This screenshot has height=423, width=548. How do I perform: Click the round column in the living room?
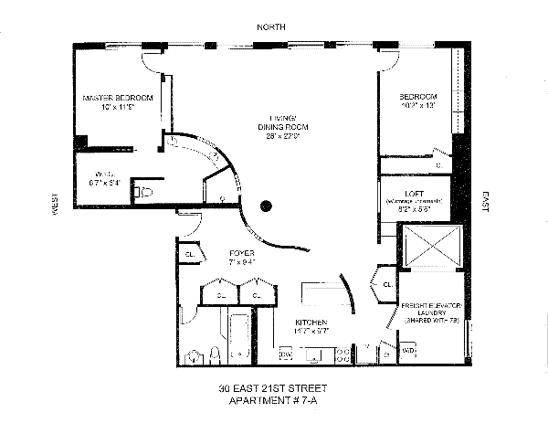268,206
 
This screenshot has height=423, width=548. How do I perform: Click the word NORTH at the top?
272,28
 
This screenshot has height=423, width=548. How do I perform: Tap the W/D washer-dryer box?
408,349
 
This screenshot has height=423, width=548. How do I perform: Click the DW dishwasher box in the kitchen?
285,353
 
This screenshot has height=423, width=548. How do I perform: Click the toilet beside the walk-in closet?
143,191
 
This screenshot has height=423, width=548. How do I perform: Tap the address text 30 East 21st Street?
273,387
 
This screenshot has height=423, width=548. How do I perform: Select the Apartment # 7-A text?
273,400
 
